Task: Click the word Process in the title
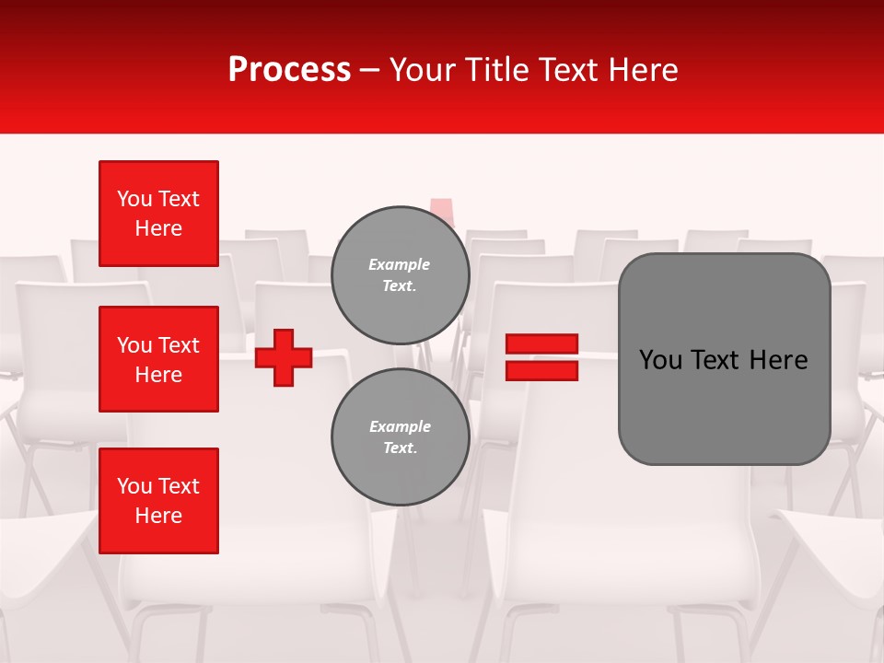click(x=289, y=70)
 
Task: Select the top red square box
click(x=158, y=214)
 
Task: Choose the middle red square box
click(x=158, y=359)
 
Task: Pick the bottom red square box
click(x=158, y=501)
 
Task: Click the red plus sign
click(x=284, y=357)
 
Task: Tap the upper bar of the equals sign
click(x=541, y=343)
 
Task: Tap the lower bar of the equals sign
click(x=541, y=371)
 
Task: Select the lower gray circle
click(x=401, y=436)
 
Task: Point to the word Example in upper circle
click(x=399, y=264)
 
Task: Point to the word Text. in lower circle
click(x=399, y=448)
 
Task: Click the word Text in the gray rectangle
click(x=715, y=360)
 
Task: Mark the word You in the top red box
click(x=134, y=199)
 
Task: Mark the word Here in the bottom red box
click(x=158, y=516)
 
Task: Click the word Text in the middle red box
click(x=179, y=345)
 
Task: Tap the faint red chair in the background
click(x=442, y=211)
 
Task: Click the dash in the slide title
click(x=370, y=71)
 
